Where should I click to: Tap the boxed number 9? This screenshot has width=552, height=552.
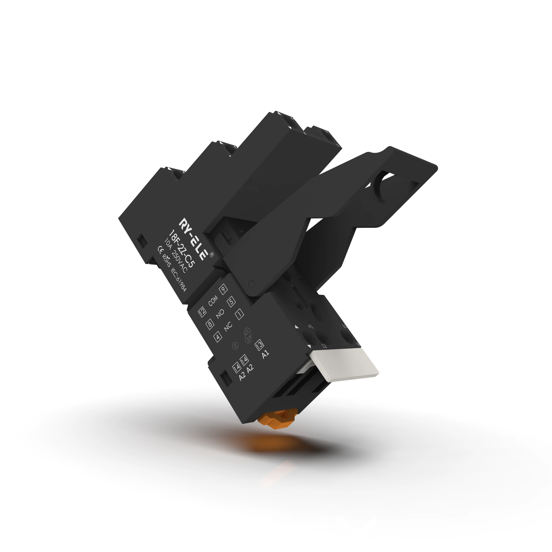223,289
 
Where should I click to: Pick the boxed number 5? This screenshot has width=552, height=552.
231,302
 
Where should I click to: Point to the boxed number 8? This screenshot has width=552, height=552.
210,324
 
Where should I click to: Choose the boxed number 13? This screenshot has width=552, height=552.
259,345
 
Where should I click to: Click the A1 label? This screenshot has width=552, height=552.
265,354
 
